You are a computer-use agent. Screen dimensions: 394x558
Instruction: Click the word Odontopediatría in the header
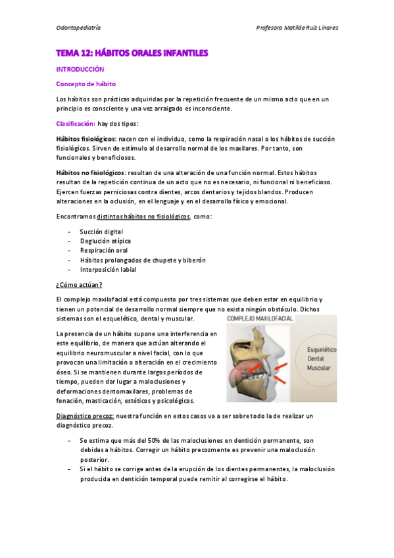tap(78, 28)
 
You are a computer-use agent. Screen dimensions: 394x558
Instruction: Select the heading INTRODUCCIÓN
tap(80, 68)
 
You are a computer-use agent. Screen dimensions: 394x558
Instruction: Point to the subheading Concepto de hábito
tap(86, 84)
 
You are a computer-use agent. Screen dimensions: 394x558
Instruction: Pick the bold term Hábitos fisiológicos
tap(86, 139)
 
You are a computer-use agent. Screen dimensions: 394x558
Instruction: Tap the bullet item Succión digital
tap(101, 232)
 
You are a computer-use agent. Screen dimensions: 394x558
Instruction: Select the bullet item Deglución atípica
tap(105, 241)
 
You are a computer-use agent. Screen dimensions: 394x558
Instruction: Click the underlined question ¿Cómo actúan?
tap(79, 284)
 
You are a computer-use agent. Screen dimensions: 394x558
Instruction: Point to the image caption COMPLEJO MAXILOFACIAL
tap(260, 318)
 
